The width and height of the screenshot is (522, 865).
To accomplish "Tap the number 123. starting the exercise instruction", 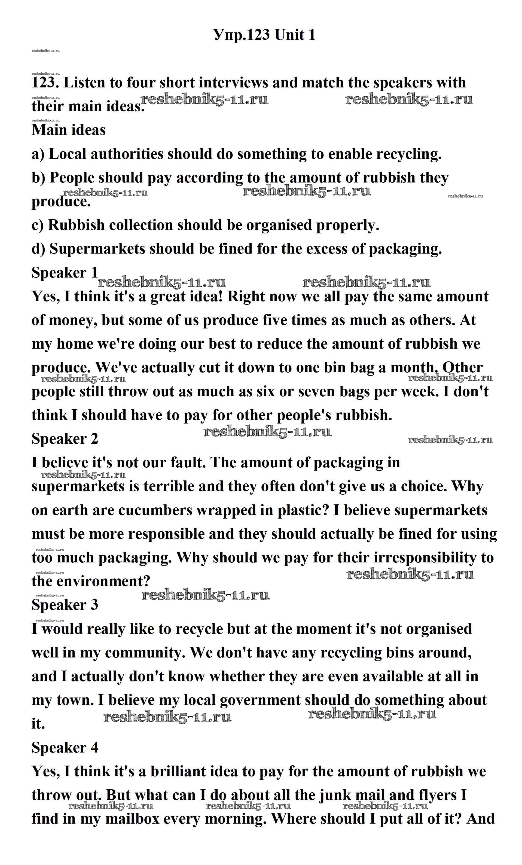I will pos(46,83).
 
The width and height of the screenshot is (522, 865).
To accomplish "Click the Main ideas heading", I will pos(68,130).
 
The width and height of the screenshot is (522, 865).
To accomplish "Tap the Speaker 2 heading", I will pos(65,439).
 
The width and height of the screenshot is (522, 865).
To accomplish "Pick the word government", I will pos(260,700).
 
